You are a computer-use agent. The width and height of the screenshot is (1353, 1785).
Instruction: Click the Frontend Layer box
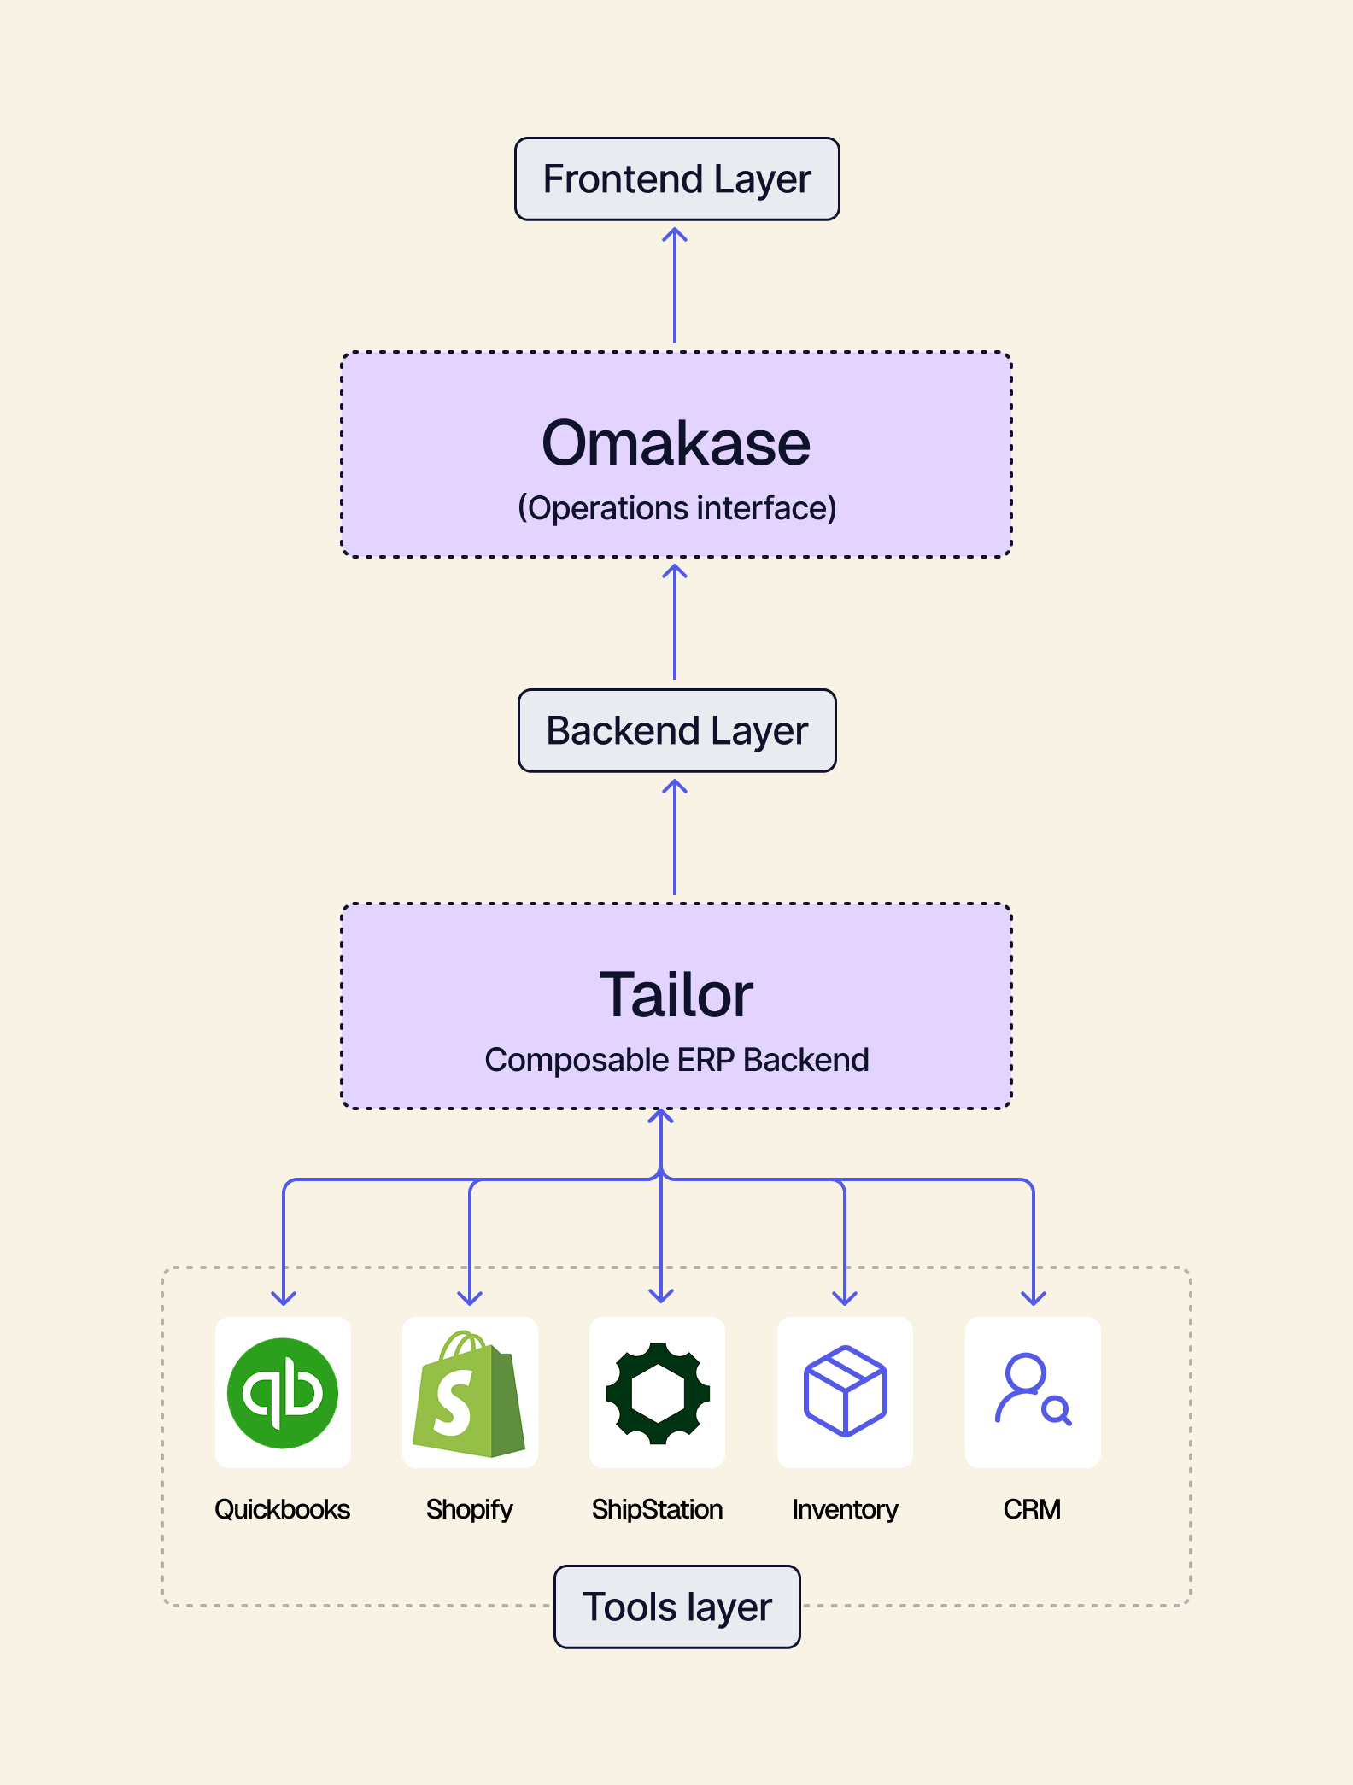676,179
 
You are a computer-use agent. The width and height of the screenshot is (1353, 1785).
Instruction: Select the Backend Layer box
676,731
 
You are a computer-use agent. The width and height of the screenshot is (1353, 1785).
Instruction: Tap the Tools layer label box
676,1606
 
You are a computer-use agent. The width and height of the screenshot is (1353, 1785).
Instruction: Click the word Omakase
676,443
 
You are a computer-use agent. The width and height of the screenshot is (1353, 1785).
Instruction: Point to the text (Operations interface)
676,508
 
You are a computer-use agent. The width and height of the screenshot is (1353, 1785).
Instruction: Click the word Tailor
676,995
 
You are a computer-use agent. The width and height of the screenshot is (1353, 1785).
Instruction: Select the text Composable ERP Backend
676,1060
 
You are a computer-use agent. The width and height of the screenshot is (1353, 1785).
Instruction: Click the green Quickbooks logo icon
283,1393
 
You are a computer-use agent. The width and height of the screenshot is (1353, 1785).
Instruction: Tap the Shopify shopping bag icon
470,1393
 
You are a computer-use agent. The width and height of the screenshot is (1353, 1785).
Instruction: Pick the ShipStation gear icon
658,1393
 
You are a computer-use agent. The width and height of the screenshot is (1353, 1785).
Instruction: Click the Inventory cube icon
845,1393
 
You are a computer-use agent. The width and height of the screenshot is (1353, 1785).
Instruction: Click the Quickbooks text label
283,1509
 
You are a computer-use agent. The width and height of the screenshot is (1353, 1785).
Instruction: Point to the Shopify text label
470,1509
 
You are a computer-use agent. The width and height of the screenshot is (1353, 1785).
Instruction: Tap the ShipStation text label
658,1509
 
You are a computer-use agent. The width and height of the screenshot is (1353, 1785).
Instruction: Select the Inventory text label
845,1509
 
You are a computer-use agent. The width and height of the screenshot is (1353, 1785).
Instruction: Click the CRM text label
1033,1509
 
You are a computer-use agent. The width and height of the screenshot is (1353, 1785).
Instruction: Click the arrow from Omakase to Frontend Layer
675,286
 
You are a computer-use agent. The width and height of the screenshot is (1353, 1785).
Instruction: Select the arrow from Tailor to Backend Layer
675,837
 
